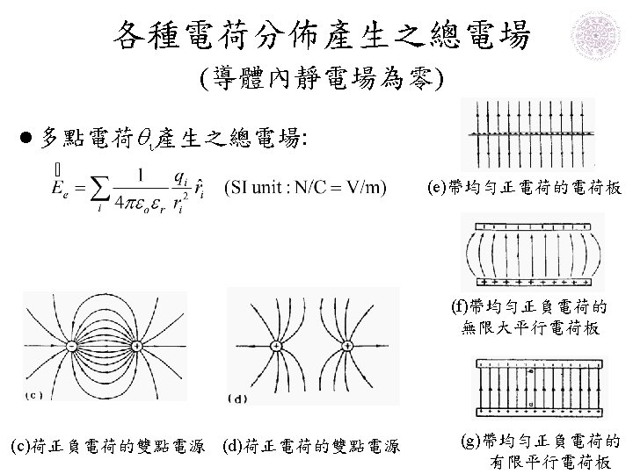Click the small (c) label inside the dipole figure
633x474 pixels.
pyautogui.click(x=40, y=394)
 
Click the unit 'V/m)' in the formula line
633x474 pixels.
pyautogui.click(x=365, y=186)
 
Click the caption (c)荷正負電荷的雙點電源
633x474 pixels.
pyautogui.click(x=113, y=449)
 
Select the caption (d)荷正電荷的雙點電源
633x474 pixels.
pyautogui.click(x=313, y=449)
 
